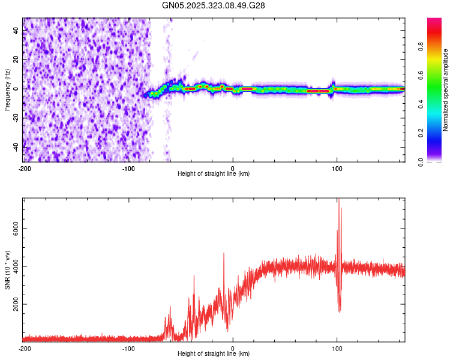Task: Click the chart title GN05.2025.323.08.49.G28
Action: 214,5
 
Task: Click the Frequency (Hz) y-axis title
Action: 7,90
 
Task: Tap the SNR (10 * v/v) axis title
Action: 7,269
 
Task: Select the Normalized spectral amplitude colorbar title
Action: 446,90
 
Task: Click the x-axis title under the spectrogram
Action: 214,174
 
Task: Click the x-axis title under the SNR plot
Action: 214,354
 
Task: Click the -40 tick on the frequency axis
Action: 16,147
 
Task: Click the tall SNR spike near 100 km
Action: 338,200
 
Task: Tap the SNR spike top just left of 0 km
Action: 224,253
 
